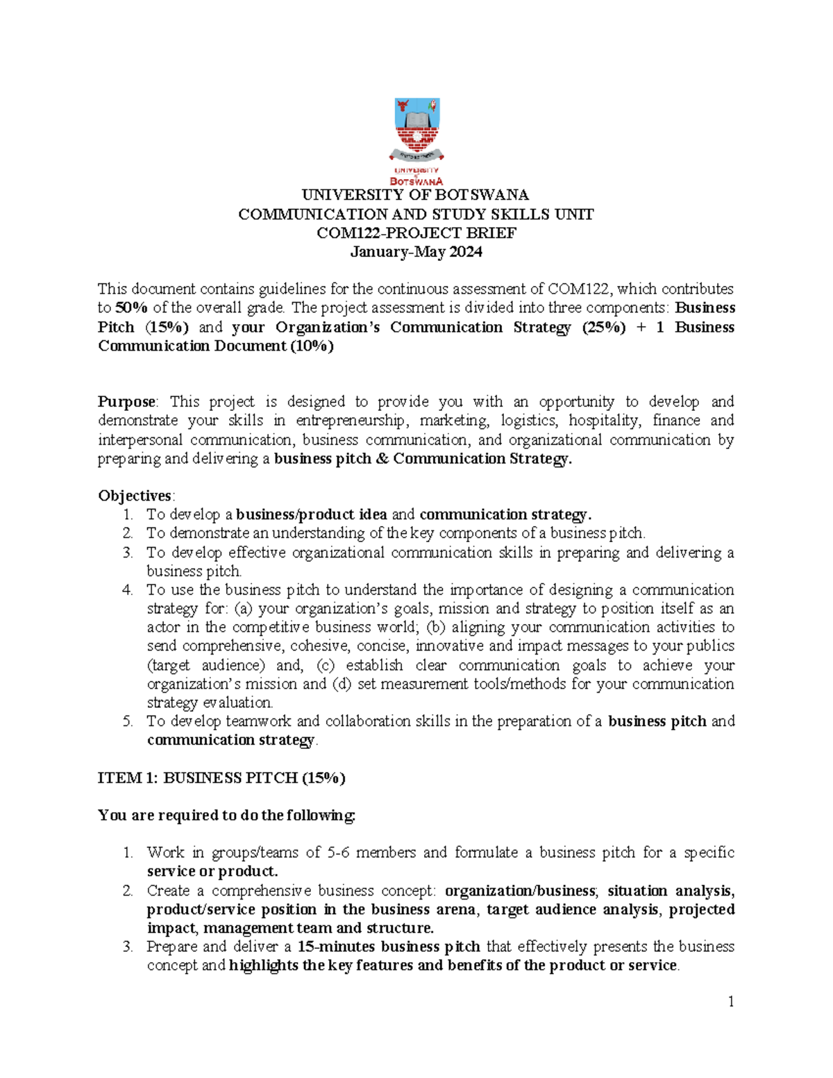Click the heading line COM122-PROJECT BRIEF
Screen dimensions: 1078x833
[416, 233]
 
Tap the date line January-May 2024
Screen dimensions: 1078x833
[416, 252]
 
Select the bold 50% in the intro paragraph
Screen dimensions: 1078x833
[131, 308]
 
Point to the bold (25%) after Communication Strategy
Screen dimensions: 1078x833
[603, 327]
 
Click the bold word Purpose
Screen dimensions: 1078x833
[127, 402]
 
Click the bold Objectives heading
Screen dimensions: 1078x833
[135, 496]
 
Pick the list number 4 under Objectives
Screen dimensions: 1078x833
[127, 590]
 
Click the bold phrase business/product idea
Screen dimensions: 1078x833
[312, 514]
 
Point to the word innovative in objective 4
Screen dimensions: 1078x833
[449, 646]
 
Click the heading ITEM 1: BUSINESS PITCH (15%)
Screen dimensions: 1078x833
[221, 778]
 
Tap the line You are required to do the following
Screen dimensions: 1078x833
[226, 816]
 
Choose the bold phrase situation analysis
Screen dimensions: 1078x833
[671, 891]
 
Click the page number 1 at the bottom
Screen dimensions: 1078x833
[731, 1002]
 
